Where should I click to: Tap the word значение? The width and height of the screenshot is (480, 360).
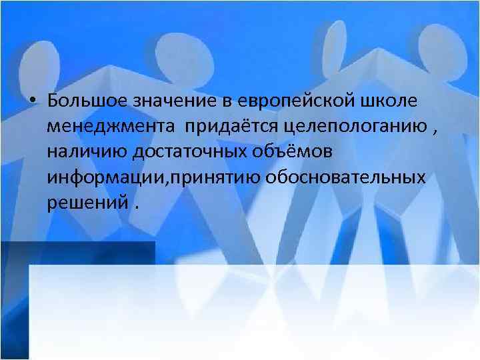169,101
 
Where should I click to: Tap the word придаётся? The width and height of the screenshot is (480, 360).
230,127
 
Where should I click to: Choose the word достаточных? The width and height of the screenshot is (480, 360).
189,153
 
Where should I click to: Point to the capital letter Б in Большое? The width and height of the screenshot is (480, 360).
53,101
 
